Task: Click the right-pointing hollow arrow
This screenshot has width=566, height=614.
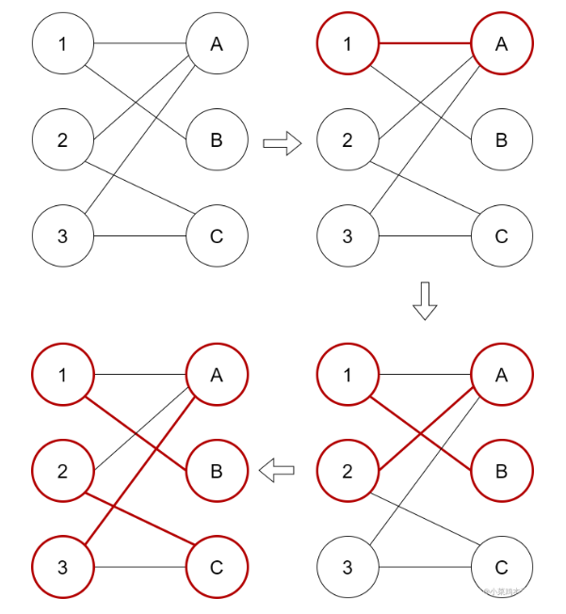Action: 281,143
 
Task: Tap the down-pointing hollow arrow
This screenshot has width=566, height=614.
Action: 426,300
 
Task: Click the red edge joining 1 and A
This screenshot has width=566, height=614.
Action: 424,43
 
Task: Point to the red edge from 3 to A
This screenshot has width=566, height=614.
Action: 141,471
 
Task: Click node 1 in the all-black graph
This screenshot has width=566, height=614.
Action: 63,43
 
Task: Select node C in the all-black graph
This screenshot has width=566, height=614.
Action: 217,235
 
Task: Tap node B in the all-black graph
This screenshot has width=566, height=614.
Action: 217,140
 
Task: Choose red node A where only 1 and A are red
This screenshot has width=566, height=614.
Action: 501,43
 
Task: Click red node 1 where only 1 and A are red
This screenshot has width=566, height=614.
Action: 348,43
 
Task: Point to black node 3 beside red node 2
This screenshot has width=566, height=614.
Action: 348,567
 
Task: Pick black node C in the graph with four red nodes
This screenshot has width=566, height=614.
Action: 501,567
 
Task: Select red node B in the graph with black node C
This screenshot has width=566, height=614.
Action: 501,471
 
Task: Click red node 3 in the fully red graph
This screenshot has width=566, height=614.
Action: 63,567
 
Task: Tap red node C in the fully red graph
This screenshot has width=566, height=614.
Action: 217,567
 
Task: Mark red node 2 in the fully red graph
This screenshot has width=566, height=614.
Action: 63,471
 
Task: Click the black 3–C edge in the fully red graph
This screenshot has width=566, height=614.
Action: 141,567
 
